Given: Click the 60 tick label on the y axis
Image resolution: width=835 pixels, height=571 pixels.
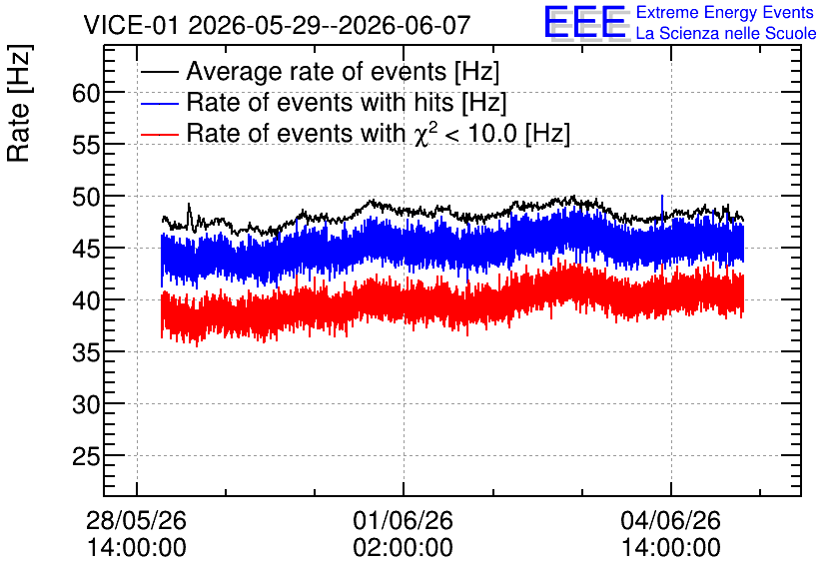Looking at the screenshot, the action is tap(86, 94).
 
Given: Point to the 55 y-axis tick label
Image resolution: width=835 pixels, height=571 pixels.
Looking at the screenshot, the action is tap(86, 146).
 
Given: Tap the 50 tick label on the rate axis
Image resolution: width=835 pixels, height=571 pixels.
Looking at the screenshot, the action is tap(86, 198).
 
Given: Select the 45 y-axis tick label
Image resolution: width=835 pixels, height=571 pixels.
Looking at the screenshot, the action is tap(86, 249).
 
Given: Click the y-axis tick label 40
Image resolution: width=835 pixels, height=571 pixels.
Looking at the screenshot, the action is tap(86, 301).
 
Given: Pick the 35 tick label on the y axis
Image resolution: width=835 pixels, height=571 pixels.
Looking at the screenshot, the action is tap(86, 352).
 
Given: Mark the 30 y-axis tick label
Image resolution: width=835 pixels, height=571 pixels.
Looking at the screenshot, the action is tap(86, 405).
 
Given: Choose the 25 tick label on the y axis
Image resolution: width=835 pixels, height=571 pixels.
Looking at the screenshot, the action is tap(86, 456).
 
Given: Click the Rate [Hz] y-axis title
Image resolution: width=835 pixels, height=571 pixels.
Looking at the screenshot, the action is tap(19, 104).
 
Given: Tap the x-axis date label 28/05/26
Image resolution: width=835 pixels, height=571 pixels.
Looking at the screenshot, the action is tap(136, 520).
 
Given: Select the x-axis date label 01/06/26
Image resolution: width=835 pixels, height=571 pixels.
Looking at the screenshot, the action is tap(404, 520).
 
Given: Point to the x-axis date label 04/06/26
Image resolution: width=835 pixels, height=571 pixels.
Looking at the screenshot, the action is tap(670, 520).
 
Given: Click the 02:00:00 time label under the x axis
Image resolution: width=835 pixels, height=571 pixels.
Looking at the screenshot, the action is tap(404, 548).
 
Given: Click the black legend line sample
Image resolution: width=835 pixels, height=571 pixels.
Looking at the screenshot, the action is tap(160, 72).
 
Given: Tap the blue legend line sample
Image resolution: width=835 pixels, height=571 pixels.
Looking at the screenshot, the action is tap(160, 103).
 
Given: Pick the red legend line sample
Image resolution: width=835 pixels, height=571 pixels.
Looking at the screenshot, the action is tap(160, 134).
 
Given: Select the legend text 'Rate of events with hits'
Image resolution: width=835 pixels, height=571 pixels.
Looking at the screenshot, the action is tap(320, 102).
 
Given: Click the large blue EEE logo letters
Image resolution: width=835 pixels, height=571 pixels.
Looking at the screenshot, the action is tap(585, 22).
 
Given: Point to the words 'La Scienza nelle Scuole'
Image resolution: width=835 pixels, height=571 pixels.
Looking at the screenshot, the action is tap(726, 34).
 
